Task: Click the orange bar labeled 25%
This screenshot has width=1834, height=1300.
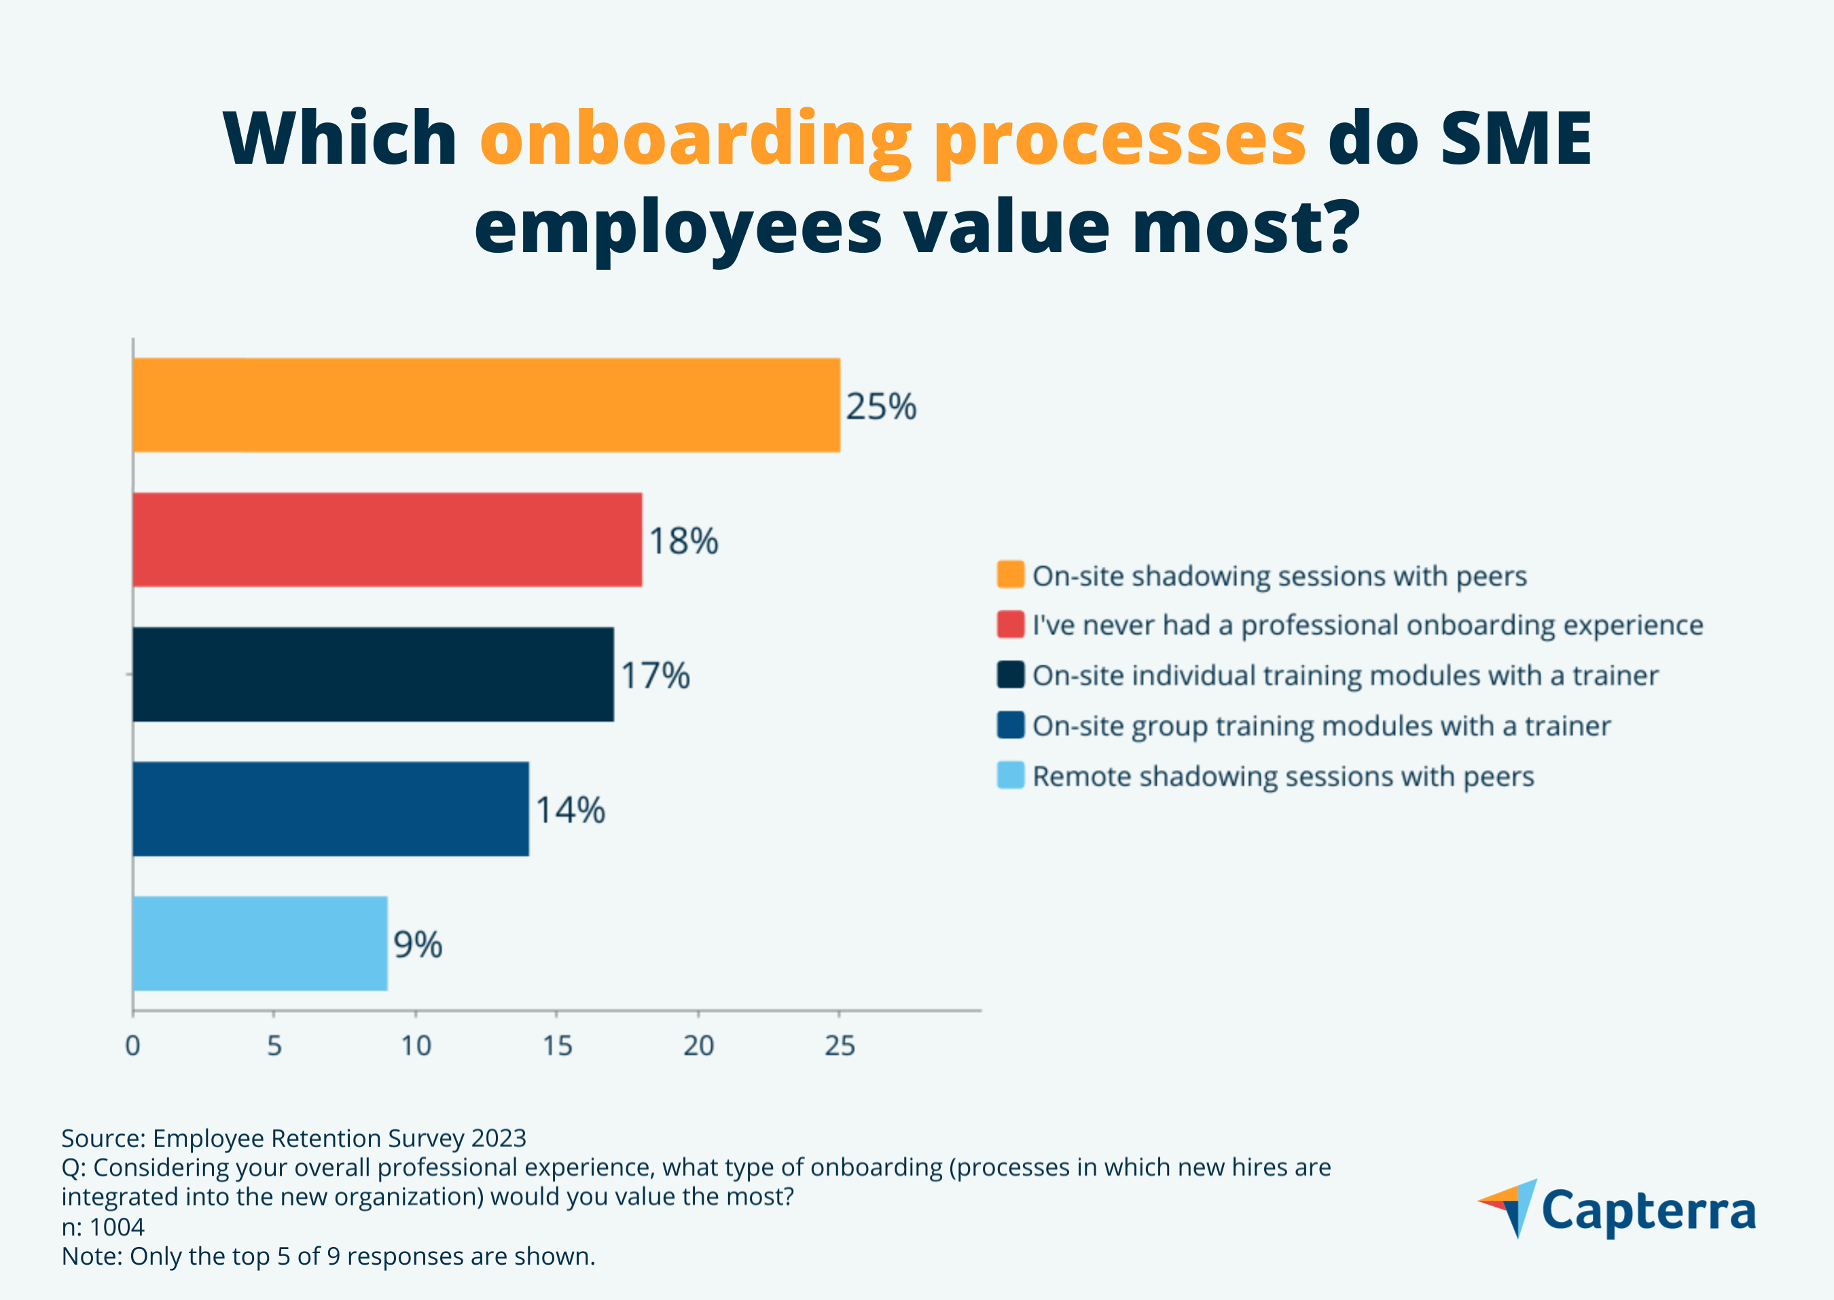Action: click(486, 405)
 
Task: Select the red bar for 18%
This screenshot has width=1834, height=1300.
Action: click(387, 540)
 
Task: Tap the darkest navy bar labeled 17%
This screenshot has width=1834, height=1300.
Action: click(373, 674)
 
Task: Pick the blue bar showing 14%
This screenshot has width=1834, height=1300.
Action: click(331, 809)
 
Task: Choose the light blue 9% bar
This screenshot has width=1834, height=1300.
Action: click(260, 943)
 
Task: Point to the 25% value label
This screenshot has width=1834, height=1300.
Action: click(881, 406)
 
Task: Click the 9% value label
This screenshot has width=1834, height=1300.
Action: click(418, 945)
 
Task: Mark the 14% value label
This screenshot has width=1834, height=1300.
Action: click(570, 810)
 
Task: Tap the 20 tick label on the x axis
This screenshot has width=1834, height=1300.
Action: click(698, 1045)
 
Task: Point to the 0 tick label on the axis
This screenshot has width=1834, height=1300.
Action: click(133, 1045)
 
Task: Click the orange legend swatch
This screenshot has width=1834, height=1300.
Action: click(1011, 575)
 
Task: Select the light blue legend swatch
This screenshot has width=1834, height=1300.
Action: click(1011, 775)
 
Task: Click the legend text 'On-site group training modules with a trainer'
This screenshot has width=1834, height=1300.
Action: click(1321, 726)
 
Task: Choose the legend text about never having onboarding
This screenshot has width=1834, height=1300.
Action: click(1367, 625)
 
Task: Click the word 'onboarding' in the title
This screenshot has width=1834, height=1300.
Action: click(696, 139)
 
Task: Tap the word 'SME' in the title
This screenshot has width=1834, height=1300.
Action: click(1516, 139)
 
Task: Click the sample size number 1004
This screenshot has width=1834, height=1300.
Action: click(117, 1227)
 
